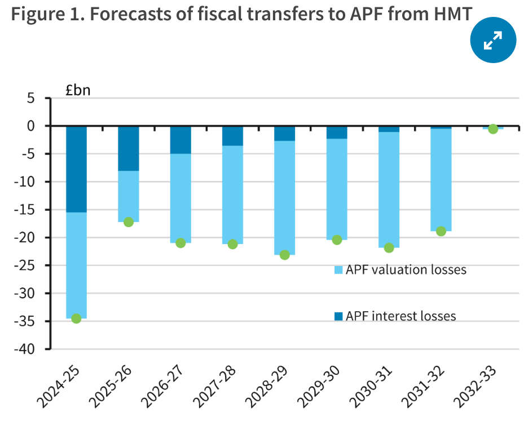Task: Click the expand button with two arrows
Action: coord(493,40)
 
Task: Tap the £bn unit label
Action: coord(77,90)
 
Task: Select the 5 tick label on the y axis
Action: coord(31,99)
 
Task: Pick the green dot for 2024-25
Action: coord(76,318)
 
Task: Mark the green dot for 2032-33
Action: coord(493,129)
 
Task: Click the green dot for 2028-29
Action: coord(285,255)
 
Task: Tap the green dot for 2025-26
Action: coord(129,222)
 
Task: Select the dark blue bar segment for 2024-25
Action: coord(76,169)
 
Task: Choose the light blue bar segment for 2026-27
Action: coord(180,197)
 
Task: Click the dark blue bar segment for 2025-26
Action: coord(129,148)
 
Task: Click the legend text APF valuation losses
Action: coord(406,270)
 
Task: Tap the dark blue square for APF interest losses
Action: coord(338,316)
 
